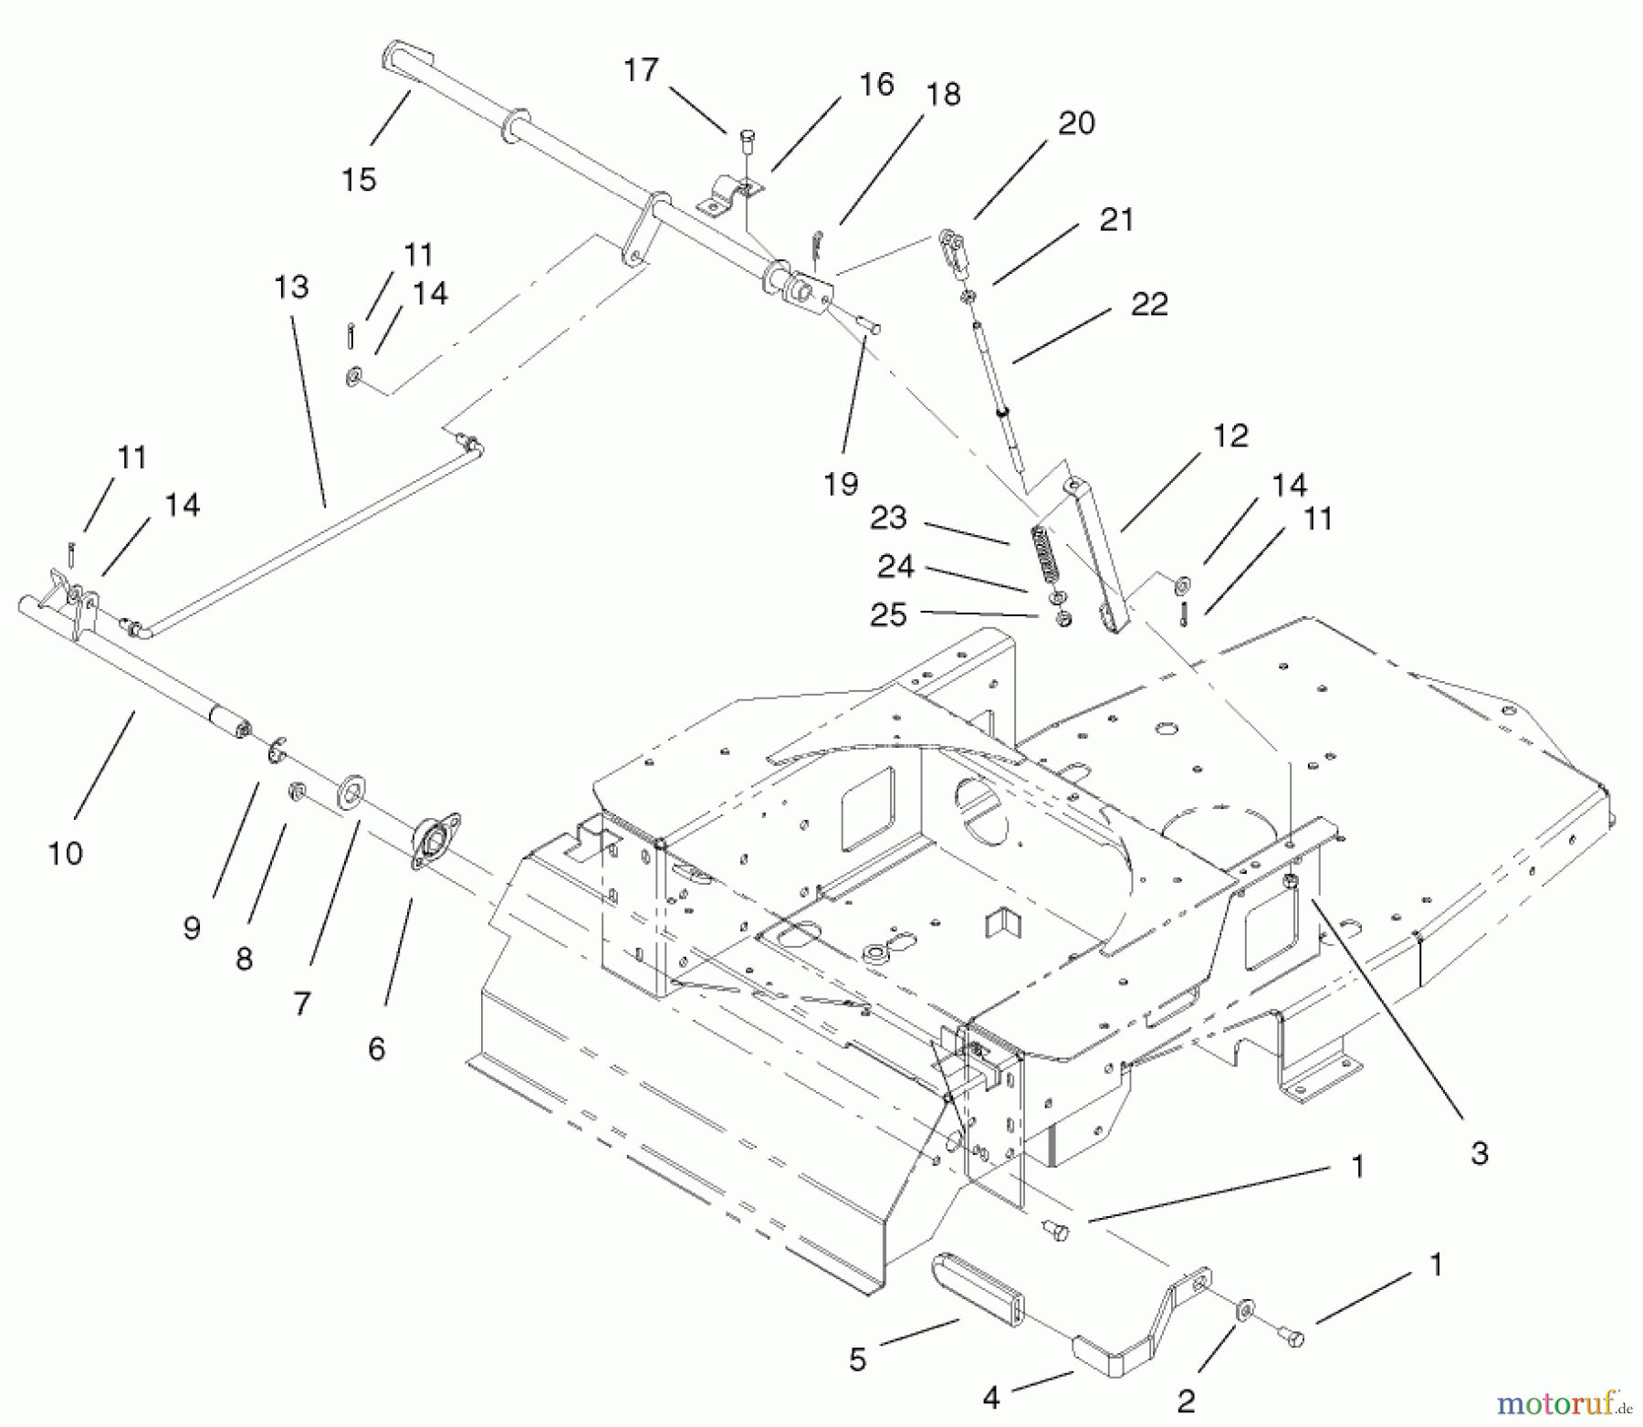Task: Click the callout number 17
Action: pyautogui.click(x=641, y=70)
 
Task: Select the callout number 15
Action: pyautogui.click(x=359, y=180)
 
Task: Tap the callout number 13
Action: pyautogui.click(x=291, y=288)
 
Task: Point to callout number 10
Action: pyautogui.click(x=65, y=854)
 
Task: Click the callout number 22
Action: pyautogui.click(x=1149, y=304)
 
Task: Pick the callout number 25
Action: pyautogui.click(x=888, y=614)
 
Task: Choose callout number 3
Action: pyautogui.click(x=1480, y=1153)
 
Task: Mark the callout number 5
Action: pyautogui.click(x=857, y=1359)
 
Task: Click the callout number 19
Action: pyautogui.click(x=841, y=484)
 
